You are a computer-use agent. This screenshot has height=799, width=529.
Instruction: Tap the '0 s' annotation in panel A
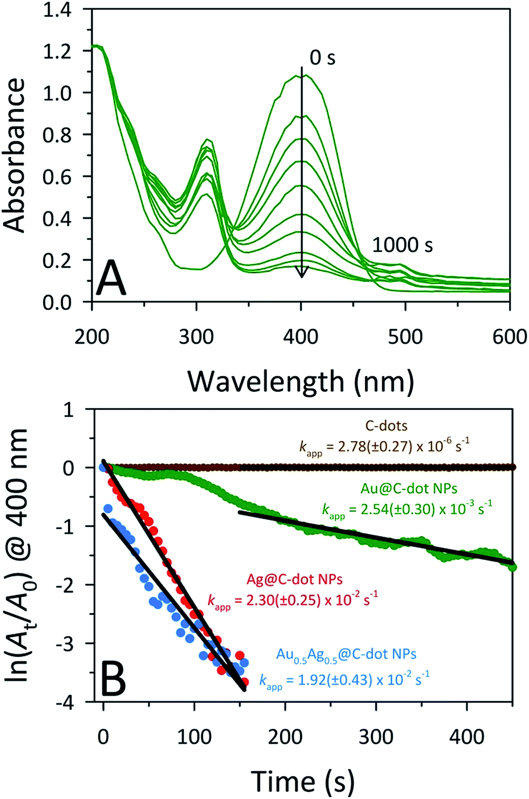(x=322, y=58)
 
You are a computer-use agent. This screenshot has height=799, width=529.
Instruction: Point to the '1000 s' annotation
(x=403, y=245)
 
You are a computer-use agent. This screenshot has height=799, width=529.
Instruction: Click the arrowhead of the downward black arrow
(x=302, y=273)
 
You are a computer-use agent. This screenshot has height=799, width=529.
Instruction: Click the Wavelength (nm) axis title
(x=301, y=381)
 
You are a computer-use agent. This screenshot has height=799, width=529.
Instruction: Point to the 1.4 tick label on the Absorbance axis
(x=57, y=10)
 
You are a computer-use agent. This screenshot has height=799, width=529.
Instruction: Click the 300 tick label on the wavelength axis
(x=196, y=337)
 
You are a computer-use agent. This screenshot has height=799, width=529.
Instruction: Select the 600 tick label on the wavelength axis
(x=510, y=337)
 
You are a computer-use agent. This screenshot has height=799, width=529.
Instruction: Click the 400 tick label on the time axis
(x=467, y=736)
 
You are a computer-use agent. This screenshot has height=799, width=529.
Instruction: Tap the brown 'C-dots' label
(x=386, y=425)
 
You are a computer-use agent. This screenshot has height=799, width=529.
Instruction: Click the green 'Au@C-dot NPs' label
(x=409, y=489)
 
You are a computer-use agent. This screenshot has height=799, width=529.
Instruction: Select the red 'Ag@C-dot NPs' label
(x=294, y=580)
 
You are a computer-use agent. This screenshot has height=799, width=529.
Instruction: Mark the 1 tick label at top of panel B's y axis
(x=69, y=410)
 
